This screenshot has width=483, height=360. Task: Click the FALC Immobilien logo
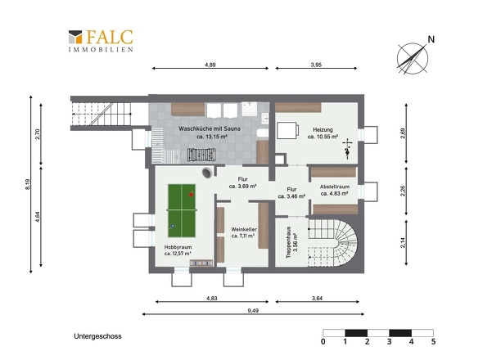point(101,41)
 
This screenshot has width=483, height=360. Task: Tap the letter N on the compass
point(431,39)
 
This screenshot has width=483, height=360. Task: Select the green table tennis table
point(182,210)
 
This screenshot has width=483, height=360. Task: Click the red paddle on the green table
point(191,194)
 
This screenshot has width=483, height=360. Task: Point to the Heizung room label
point(323,133)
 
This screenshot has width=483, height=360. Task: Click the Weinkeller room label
point(244,232)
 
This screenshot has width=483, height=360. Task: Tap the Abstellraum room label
point(335,190)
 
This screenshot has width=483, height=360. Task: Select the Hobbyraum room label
point(178,250)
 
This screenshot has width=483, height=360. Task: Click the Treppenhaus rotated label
point(291,243)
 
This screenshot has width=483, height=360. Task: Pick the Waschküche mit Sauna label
point(209,133)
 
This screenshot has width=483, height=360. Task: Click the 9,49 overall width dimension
point(253,310)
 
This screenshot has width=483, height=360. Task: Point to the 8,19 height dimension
point(28,184)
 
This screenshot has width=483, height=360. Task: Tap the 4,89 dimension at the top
point(210,65)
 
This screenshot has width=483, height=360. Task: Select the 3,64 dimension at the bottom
point(317,298)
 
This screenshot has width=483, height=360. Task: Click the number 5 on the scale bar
point(433,341)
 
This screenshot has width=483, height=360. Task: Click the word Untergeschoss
point(97,336)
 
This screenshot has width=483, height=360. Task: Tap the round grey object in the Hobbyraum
point(207,173)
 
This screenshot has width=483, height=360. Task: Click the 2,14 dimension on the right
point(404,242)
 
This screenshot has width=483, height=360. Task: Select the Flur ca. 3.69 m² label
point(243,182)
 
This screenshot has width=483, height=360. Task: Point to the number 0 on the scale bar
point(323,341)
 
